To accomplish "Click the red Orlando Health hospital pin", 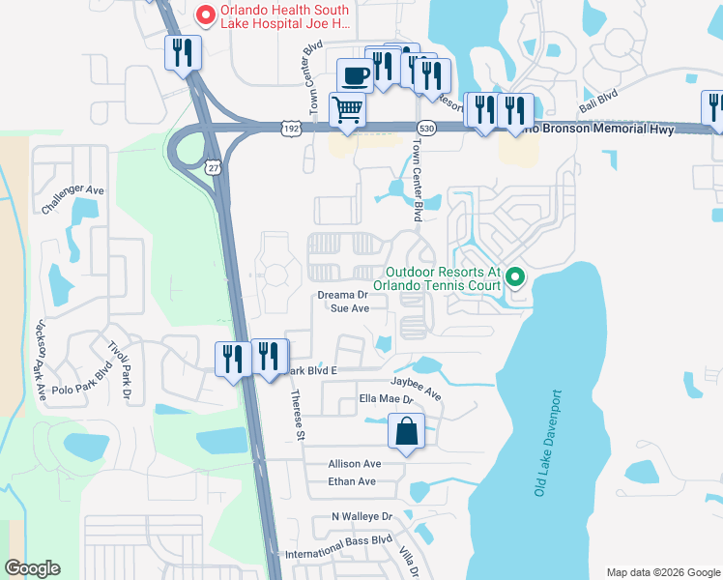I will point(205,14).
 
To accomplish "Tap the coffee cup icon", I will point(354,74).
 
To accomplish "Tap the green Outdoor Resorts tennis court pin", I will point(515,279).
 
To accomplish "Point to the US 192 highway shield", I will point(291,128).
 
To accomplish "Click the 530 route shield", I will point(425,128).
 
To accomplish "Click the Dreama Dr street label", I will point(343,295).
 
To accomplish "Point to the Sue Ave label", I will point(350,308).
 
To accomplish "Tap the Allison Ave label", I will point(355,464).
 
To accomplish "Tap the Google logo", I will point(32,568).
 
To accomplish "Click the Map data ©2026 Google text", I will point(662,571).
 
